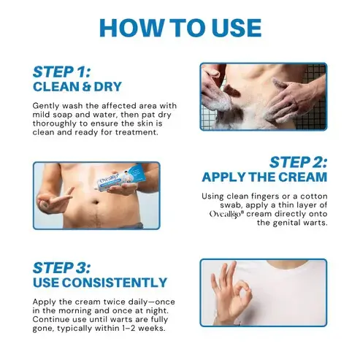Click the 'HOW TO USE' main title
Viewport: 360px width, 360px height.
pyautogui.click(x=180, y=27)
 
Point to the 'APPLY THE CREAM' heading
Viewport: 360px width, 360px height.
pyautogui.click(x=264, y=177)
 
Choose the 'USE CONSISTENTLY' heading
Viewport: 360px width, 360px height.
pyautogui.click(x=99, y=282)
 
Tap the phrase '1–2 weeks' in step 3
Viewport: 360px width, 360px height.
pyautogui.click(x=141, y=329)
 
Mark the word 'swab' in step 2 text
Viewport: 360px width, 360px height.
pyautogui.click(x=216, y=204)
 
